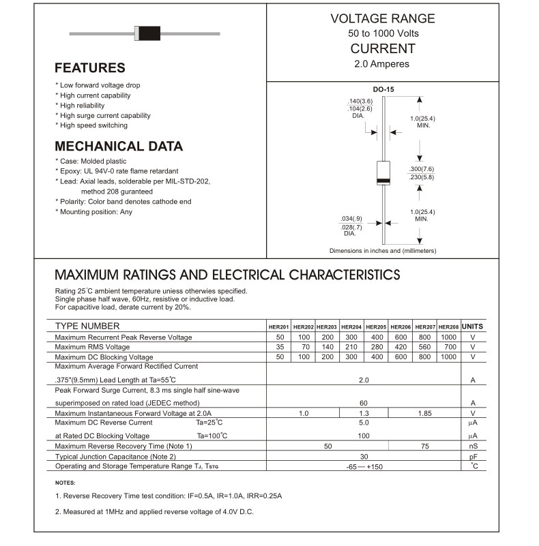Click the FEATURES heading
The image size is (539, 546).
(x=90, y=67)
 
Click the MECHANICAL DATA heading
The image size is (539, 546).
(x=119, y=146)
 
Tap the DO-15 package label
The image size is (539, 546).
(x=383, y=89)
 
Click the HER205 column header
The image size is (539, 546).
(x=376, y=327)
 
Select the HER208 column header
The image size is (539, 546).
(x=448, y=327)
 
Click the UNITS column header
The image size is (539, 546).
(x=473, y=327)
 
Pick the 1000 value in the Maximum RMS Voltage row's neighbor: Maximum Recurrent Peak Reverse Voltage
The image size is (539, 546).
(x=448, y=337)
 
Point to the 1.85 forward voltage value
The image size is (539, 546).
(x=424, y=413)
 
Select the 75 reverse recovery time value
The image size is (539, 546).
(x=424, y=446)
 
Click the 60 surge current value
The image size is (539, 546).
(x=364, y=403)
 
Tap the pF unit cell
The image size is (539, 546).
(x=473, y=456)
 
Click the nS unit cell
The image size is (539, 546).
(x=473, y=446)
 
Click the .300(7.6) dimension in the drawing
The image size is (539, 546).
(x=421, y=168)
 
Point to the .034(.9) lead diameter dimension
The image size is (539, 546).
(x=351, y=218)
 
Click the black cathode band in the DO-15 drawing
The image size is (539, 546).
(x=384, y=181)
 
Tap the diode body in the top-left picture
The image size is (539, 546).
(x=147, y=32)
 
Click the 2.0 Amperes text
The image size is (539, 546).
(x=382, y=64)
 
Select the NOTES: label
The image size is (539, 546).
(x=66, y=483)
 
